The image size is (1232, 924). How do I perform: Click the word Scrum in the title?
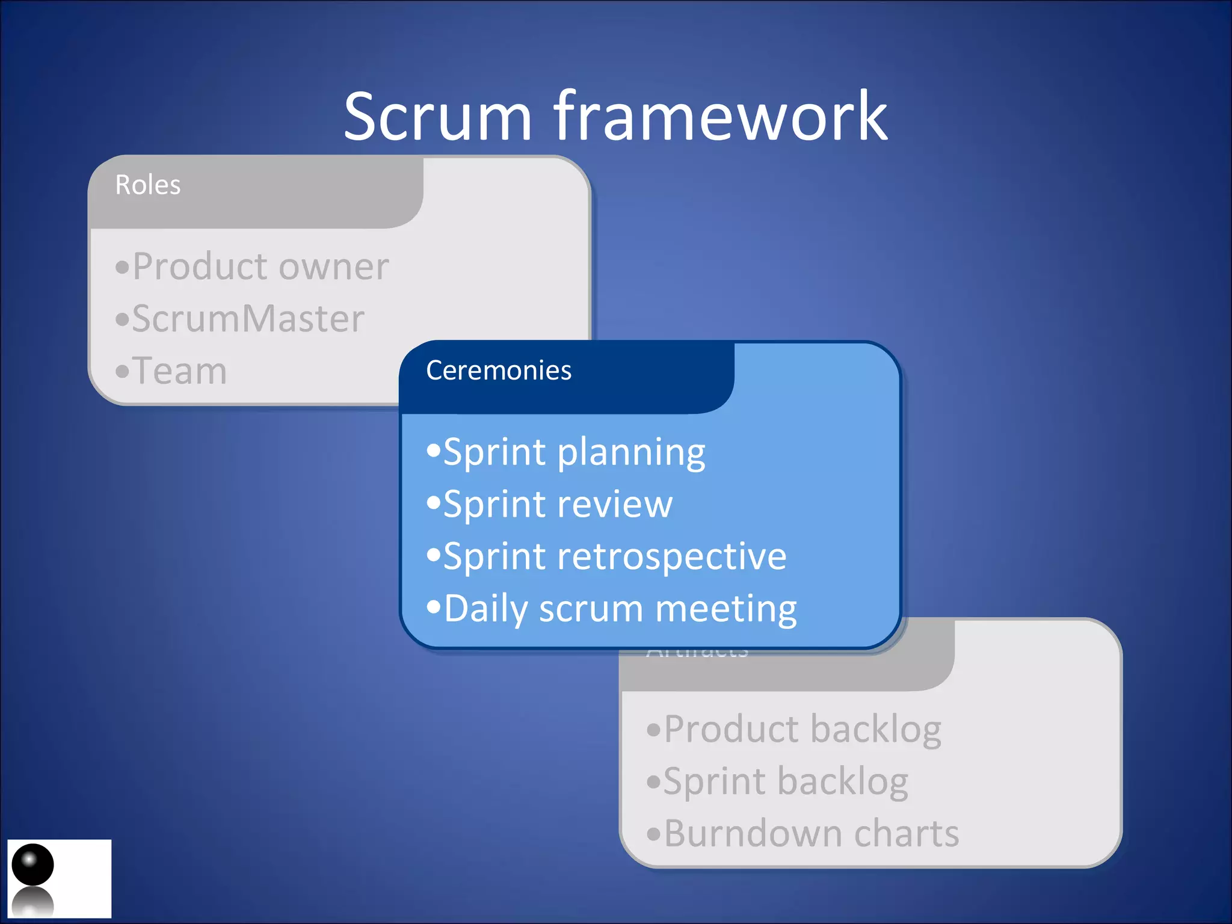pos(438,117)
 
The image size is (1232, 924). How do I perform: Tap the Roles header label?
pos(147,185)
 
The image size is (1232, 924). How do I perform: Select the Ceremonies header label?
pos(499,370)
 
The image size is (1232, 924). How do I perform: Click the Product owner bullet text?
pos(260,266)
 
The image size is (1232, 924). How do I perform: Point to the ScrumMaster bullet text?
pos(248,319)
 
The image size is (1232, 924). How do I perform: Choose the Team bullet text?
pos(179,371)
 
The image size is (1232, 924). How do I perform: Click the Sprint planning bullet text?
pos(574,452)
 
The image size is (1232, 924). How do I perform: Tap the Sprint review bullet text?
pos(558,504)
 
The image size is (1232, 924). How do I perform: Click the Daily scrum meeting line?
pos(620,609)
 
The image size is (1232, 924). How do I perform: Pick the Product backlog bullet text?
pos(802,730)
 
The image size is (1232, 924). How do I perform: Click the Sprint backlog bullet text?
pos(785,781)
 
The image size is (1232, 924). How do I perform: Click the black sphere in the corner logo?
pos(32,864)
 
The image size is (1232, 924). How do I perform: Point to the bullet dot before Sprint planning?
pos(434,451)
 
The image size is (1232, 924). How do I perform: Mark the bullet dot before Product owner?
pos(122,267)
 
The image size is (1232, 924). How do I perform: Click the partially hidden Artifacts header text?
pos(697,653)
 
